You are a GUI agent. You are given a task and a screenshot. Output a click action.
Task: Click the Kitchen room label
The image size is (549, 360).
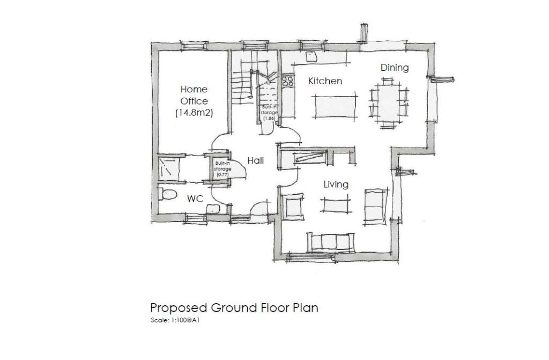325,81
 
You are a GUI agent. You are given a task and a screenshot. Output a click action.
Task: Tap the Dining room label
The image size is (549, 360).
395,68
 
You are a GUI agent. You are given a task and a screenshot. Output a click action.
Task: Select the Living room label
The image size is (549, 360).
336,185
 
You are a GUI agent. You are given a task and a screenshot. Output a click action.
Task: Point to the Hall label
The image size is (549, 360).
255,160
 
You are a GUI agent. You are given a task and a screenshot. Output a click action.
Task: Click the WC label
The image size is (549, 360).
195,199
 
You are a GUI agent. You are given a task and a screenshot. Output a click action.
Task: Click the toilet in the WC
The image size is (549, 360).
168,195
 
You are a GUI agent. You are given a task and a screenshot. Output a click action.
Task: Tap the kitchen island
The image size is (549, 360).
335,106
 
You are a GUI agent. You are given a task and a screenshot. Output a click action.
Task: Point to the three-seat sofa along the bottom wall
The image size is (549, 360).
330,242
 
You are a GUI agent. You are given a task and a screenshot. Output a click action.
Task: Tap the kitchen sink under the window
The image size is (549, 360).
311,56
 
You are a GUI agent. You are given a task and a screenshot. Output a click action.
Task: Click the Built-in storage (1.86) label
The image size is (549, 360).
269,113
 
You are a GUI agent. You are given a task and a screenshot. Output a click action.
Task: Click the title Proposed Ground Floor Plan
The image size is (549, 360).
234,308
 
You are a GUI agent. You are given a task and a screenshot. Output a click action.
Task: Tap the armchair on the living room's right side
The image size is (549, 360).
374,206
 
